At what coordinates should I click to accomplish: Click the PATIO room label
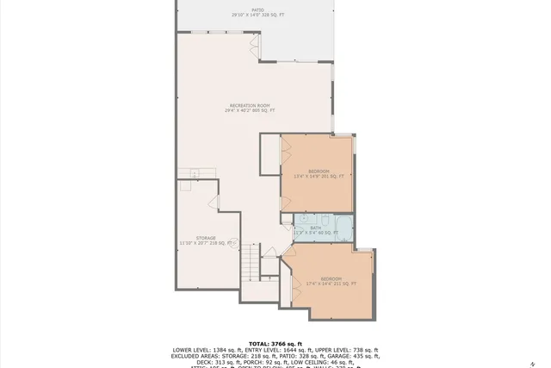coord(247,10)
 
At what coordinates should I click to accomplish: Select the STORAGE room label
coord(205,238)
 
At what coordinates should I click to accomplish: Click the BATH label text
coord(315,228)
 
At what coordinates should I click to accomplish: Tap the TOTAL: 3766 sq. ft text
coord(275,343)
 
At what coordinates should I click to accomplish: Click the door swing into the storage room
coord(215,203)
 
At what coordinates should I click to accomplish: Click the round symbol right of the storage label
coord(233,243)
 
